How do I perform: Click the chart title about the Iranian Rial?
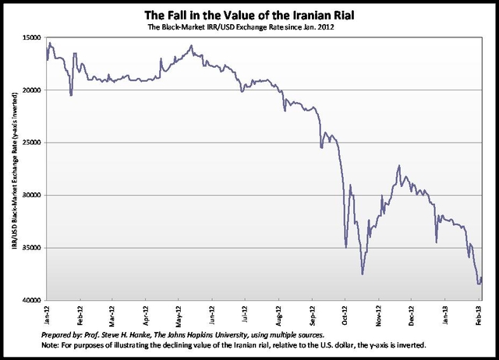[x=249, y=15]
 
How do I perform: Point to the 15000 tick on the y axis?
[x=32, y=37]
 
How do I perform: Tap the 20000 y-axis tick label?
[x=32, y=90]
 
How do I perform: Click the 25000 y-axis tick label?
[x=32, y=143]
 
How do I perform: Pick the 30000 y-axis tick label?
[x=32, y=196]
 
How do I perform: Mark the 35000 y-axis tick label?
[x=32, y=248]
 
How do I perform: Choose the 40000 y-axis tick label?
[x=32, y=301]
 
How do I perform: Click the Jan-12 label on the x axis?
[x=48, y=313]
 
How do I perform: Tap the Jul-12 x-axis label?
[x=246, y=313]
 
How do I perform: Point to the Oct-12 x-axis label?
[x=346, y=313]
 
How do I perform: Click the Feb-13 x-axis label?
[x=478, y=313]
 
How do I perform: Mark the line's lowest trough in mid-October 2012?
[x=363, y=274]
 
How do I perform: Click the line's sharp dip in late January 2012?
[x=71, y=95]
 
